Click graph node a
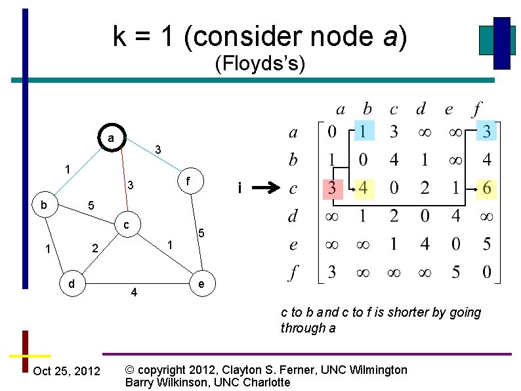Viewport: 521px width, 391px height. (111, 139)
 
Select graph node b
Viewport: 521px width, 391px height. (43, 204)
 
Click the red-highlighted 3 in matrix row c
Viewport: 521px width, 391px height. (333, 189)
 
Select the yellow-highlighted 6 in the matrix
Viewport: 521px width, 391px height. (486, 189)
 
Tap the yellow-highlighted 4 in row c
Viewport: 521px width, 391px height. (364, 189)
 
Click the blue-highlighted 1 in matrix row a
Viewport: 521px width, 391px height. (364, 131)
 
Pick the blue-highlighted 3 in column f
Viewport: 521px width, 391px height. (486, 131)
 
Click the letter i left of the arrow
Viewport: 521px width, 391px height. (240, 189)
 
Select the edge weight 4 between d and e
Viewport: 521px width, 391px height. (134, 292)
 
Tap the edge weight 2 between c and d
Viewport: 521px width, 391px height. (95, 248)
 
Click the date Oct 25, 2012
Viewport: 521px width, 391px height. (66, 371)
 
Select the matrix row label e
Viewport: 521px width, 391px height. (293, 244)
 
